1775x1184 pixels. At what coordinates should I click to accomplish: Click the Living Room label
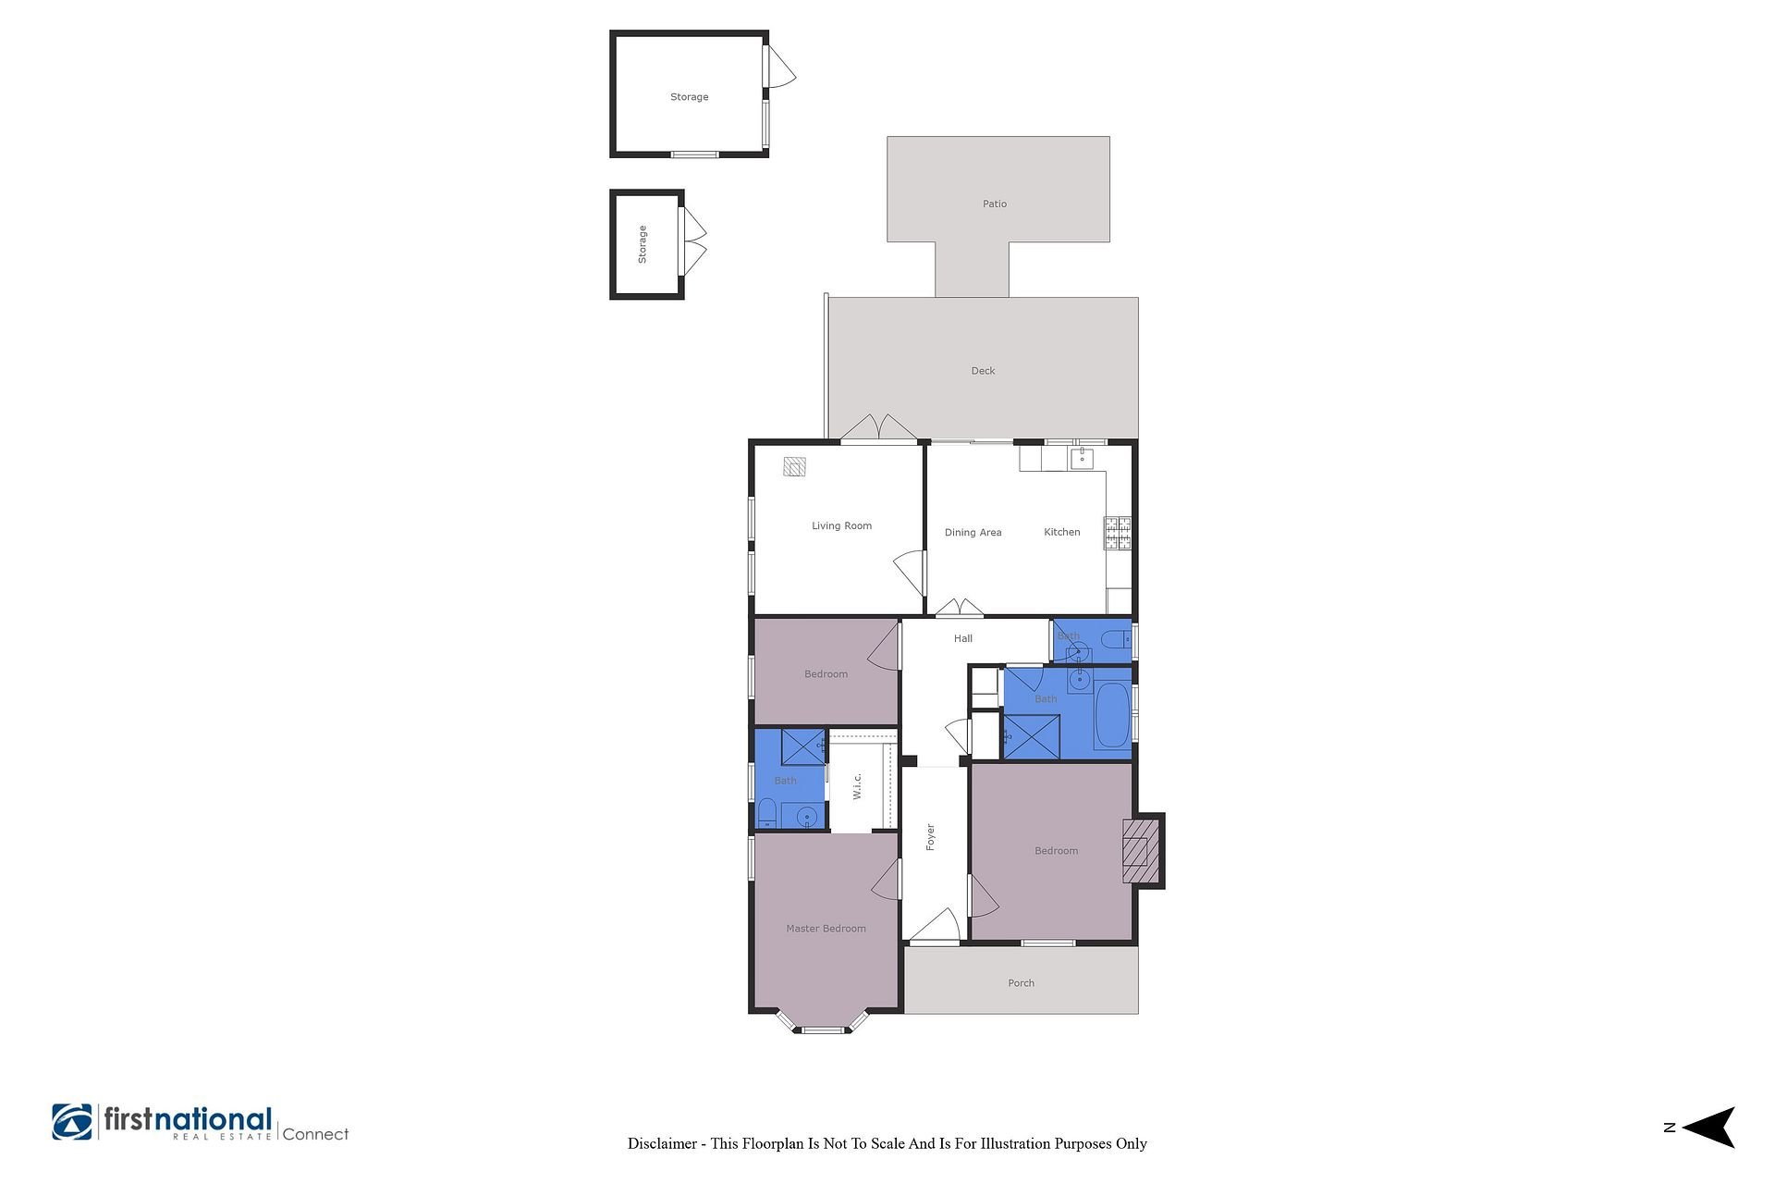coord(841,526)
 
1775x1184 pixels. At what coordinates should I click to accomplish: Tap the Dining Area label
coord(973,533)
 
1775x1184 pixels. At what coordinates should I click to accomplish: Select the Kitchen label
coord(1061,532)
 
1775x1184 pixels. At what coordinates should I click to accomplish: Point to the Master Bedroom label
coord(826,929)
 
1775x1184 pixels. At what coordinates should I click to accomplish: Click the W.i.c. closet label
coord(857,786)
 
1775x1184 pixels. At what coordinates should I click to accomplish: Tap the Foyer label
coord(930,837)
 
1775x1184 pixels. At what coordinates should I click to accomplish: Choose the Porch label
coord(1021,983)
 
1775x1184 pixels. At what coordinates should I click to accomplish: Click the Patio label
coord(995,203)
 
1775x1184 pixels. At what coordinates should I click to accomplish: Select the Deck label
coord(983,371)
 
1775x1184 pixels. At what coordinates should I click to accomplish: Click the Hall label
coord(963,638)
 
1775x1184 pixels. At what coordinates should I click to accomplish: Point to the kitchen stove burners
coord(1118,532)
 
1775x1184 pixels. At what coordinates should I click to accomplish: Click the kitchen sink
coord(1083,457)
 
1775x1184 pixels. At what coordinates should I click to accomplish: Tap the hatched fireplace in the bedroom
coord(1141,851)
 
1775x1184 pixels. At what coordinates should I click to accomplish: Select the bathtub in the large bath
coord(1112,716)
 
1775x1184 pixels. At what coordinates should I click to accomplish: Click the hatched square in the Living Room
coord(794,466)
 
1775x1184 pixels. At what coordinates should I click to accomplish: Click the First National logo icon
coord(72,1121)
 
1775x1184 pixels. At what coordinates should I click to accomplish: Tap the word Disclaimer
coord(662,1143)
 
